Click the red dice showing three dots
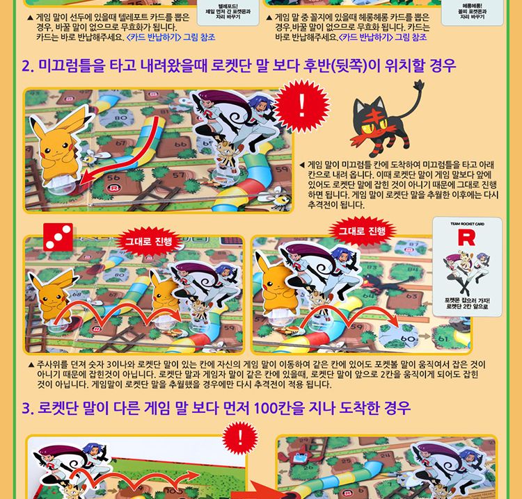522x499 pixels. tap(58, 237)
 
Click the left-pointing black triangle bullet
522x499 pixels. tap(301, 165)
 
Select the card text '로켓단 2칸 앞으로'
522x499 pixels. tap(466, 306)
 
